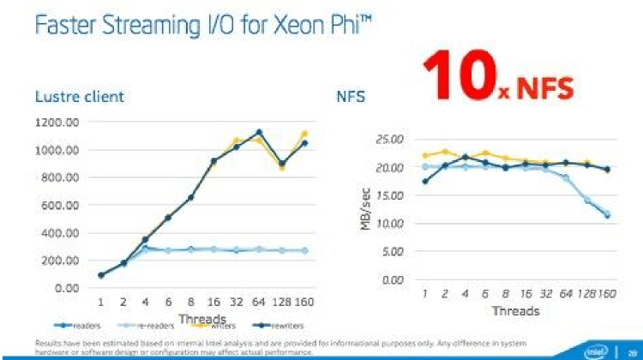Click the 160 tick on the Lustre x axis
click(303, 303)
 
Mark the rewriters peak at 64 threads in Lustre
click(259, 132)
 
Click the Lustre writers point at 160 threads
click(303, 134)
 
